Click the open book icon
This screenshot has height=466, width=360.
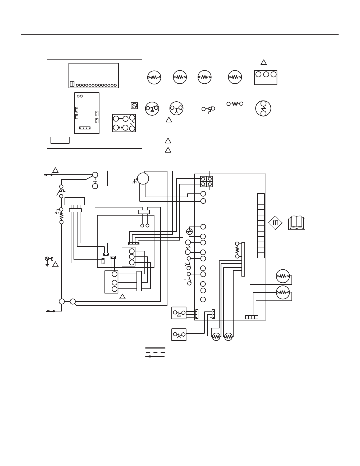pos(297,223)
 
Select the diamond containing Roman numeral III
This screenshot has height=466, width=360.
pos(275,223)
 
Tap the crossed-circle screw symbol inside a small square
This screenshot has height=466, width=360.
pos(134,106)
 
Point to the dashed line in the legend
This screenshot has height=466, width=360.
pos(155,352)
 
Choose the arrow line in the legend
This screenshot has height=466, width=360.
pos(155,356)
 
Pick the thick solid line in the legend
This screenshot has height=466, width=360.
pos(155,348)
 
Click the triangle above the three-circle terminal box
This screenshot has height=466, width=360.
pos(263,62)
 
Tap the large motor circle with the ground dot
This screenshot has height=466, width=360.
pos(143,179)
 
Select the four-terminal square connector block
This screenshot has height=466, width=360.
pos(207,182)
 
